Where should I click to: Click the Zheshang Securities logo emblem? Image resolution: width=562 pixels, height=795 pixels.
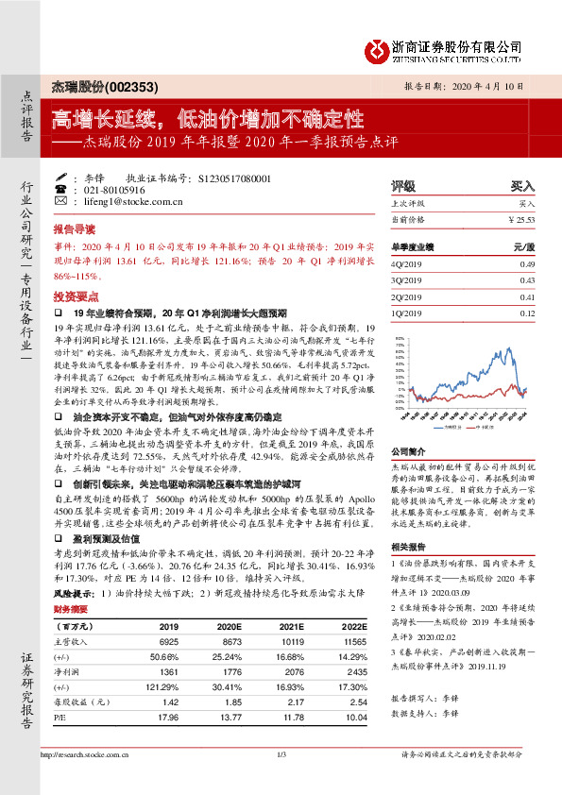(x=379, y=46)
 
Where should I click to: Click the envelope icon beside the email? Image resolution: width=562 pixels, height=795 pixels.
(x=61, y=201)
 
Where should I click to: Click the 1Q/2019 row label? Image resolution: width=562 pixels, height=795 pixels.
(x=407, y=313)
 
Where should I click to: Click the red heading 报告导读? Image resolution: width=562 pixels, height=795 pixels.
(x=75, y=229)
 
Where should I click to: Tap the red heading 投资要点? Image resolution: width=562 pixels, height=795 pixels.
(x=75, y=295)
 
